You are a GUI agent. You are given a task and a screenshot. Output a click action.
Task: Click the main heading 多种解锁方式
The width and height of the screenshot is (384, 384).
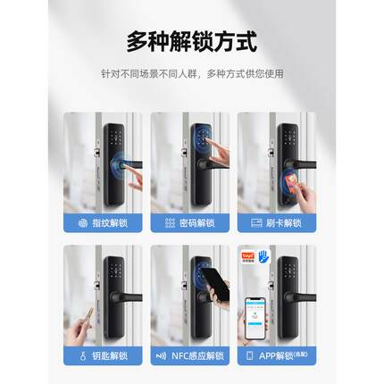[x=191, y=41]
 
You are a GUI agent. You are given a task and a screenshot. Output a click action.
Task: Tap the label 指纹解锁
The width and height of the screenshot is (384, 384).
[x=110, y=222]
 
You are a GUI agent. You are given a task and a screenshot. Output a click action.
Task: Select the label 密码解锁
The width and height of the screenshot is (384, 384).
[x=197, y=222]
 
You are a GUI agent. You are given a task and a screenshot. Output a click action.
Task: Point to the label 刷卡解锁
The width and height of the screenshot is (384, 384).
[x=285, y=222]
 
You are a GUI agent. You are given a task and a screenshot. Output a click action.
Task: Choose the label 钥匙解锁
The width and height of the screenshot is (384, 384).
[x=110, y=355]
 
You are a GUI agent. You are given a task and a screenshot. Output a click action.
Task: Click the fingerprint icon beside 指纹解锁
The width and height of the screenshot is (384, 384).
[x=83, y=222]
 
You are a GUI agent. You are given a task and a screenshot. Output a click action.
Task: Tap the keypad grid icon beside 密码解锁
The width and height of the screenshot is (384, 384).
[x=171, y=222]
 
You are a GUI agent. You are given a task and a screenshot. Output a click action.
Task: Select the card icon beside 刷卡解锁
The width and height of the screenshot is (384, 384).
[x=257, y=222]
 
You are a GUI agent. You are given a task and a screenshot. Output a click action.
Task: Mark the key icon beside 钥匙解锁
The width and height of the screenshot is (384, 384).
[x=83, y=355]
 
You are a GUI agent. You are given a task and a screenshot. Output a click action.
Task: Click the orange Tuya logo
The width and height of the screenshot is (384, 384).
[x=249, y=256]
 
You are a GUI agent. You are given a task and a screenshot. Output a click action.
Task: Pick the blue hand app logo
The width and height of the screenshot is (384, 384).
[x=264, y=256]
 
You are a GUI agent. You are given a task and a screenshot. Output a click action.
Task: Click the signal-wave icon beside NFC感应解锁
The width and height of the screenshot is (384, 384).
[x=162, y=355]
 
